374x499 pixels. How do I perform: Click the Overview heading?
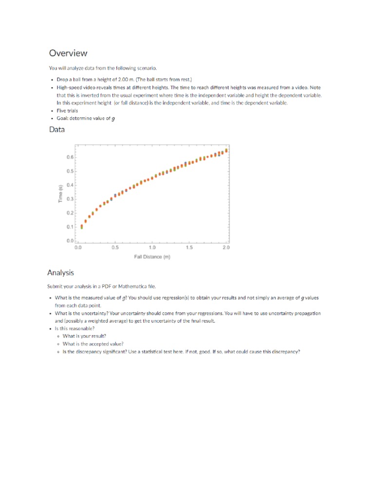68,53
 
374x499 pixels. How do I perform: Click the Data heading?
56,130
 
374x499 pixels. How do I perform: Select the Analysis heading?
60,273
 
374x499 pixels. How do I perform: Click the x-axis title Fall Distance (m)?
152,257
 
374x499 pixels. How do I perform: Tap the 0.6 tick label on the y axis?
70,157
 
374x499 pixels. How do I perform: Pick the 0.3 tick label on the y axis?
70,199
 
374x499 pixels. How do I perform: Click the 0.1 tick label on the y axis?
70,227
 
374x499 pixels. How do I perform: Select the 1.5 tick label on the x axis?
189,248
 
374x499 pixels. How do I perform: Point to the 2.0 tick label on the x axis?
226,248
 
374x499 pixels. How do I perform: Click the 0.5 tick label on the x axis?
115,248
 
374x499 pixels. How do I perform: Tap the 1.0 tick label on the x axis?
152,248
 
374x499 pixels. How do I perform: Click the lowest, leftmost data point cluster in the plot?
82,227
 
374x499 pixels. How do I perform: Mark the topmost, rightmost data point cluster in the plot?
226,151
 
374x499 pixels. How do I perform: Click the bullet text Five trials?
67,111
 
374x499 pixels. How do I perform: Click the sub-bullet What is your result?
84,336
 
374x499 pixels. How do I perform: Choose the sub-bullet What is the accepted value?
93,344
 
